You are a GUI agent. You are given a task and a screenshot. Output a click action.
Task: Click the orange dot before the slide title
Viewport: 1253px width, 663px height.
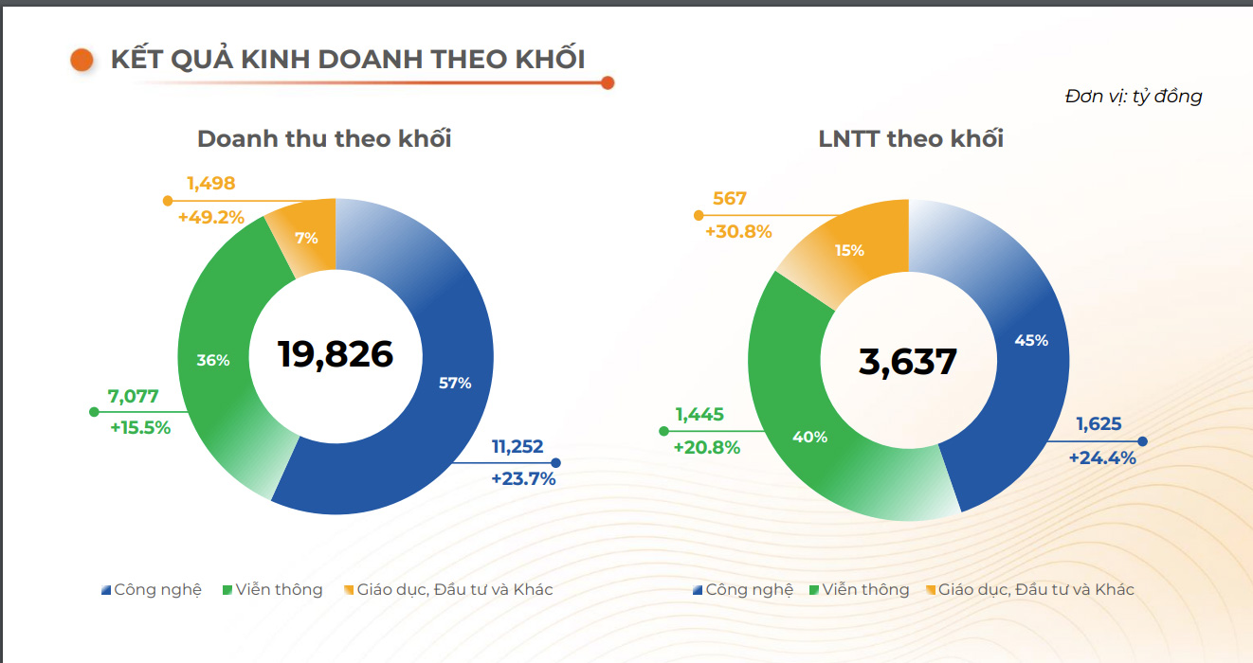82,60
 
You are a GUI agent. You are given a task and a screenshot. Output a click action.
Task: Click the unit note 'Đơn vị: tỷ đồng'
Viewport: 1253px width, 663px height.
1133,96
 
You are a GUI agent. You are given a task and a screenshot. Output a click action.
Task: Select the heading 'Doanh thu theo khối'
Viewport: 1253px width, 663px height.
324,139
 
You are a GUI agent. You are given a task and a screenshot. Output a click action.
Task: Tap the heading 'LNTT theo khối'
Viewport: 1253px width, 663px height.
911,139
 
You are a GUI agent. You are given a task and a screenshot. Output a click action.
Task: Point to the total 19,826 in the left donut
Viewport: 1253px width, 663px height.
335,353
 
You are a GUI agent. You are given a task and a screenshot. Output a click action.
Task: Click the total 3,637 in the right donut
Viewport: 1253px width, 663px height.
908,362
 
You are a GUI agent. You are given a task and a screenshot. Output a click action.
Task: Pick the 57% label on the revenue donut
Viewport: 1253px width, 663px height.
455,383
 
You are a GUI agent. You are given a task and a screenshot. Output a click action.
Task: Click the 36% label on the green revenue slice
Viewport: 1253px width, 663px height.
213,360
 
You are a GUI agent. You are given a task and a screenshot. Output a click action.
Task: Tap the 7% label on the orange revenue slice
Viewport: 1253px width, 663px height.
306,239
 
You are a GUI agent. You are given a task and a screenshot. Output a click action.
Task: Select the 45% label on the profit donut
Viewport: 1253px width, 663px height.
1031,340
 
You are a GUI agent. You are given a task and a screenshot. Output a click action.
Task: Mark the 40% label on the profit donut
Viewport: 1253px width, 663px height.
810,437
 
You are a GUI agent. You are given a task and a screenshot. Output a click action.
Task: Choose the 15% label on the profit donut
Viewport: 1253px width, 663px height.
849,250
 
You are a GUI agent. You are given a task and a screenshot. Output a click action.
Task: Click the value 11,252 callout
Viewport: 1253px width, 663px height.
518,447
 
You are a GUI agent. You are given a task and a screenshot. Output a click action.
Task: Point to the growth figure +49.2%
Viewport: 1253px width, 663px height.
210,218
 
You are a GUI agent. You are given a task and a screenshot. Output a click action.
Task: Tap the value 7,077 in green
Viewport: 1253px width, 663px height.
134,397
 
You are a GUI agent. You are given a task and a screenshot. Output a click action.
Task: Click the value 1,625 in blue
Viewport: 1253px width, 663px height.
1099,424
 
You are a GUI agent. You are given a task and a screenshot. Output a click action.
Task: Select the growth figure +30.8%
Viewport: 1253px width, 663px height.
738,231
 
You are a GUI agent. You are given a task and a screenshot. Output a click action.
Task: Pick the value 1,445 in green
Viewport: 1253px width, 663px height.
699,414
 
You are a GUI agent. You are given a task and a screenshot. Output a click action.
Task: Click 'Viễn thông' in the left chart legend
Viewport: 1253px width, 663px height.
279,590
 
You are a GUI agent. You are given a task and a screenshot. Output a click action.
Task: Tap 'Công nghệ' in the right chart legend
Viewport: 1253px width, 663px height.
749,590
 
